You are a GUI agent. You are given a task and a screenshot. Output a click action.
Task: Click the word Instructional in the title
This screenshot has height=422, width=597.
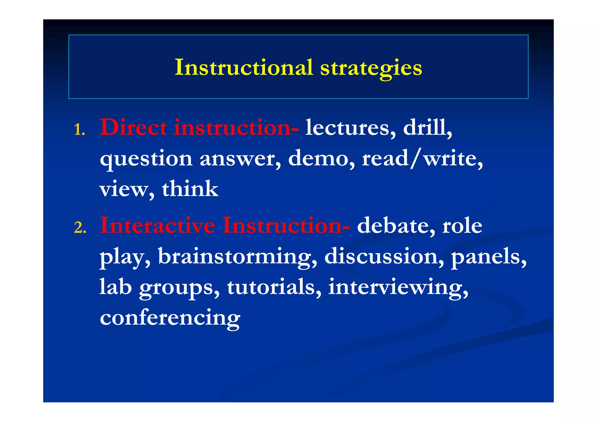(244, 67)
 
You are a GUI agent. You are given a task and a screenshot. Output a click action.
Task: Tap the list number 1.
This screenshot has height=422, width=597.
(79, 130)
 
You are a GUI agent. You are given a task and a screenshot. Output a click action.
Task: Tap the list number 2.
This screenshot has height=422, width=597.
(80, 228)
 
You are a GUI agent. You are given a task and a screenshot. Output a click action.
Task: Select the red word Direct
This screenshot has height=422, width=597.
(133, 127)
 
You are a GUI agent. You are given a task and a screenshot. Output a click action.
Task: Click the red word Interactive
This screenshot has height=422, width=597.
(157, 225)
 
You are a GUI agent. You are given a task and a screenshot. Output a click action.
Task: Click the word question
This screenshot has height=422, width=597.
(146, 159)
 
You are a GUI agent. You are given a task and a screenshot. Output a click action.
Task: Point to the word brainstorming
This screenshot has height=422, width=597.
(237, 257)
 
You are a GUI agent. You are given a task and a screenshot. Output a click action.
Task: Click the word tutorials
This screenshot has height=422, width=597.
(274, 287)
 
